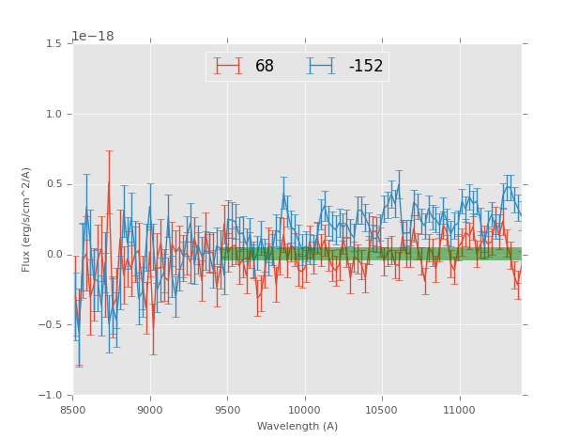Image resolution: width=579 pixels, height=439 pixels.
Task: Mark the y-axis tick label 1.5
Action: (x=54, y=44)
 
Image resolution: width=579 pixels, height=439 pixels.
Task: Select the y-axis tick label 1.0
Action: (x=54, y=115)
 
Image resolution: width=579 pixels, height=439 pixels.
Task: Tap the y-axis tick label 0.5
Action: (x=54, y=184)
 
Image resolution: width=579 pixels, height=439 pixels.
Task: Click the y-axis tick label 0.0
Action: (x=54, y=255)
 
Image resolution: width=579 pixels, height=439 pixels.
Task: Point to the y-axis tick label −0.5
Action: (x=52, y=325)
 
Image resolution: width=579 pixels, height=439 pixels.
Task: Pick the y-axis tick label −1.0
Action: (x=52, y=395)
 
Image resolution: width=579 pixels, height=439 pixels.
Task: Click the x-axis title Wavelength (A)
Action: (x=297, y=427)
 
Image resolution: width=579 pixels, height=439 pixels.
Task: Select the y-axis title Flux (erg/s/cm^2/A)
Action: (x=27, y=219)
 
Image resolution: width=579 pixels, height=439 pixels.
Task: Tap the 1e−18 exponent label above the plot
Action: (x=92, y=37)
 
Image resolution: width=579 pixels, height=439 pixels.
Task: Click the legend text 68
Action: (x=265, y=67)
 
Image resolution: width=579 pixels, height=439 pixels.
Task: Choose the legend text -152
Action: (x=366, y=67)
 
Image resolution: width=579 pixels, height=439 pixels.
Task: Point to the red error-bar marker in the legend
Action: (x=228, y=66)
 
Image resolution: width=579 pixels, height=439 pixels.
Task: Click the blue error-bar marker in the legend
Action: (x=322, y=66)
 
